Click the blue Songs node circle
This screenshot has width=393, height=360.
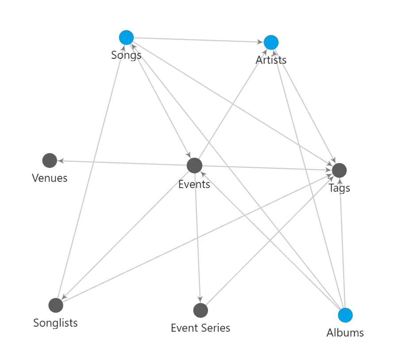click(x=127, y=38)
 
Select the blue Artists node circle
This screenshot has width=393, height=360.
click(x=271, y=43)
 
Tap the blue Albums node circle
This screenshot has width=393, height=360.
click(x=345, y=315)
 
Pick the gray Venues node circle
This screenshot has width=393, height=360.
click(x=50, y=160)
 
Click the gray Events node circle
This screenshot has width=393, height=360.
click(x=194, y=166)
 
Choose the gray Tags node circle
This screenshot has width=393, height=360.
click(x=339, y=170)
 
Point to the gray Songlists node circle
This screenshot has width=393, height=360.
click(x=56, y=305)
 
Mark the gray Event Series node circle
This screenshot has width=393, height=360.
click(x=200, y=310)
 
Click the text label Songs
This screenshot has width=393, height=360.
click(x=126, y=55)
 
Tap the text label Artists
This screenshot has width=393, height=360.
click(x=271, y=60)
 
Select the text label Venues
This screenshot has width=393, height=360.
click(x=50, y=178)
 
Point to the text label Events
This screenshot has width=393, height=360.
click(x=194, y=184)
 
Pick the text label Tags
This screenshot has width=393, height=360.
click(x=339, y=188)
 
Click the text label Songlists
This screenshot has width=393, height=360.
click(x=55, y=323)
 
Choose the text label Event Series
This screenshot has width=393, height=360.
click(x=200, y=328)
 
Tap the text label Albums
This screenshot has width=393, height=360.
click(x=345, y=333)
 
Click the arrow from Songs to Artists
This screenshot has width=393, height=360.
click(x=199, y=40)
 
